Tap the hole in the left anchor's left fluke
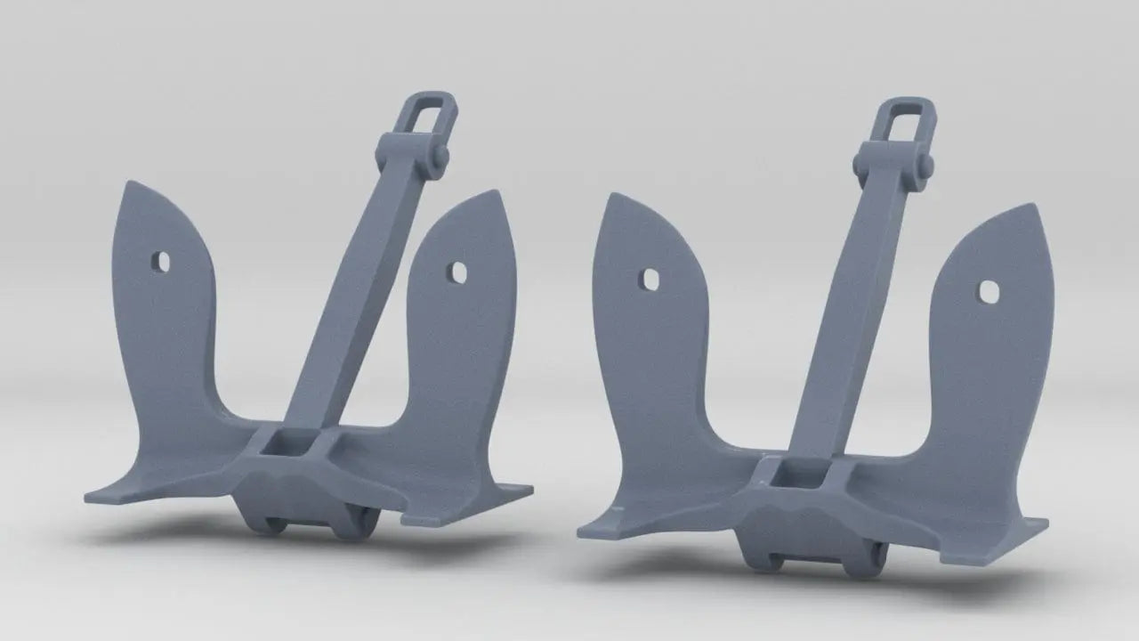tap(160, 261)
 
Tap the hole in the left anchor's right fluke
tap(459, 271)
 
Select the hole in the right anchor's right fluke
tap(989, 291)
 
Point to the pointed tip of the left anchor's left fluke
tap(129, 184)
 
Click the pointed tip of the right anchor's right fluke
tap(1039, 207)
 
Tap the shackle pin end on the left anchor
tap(440, 157)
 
